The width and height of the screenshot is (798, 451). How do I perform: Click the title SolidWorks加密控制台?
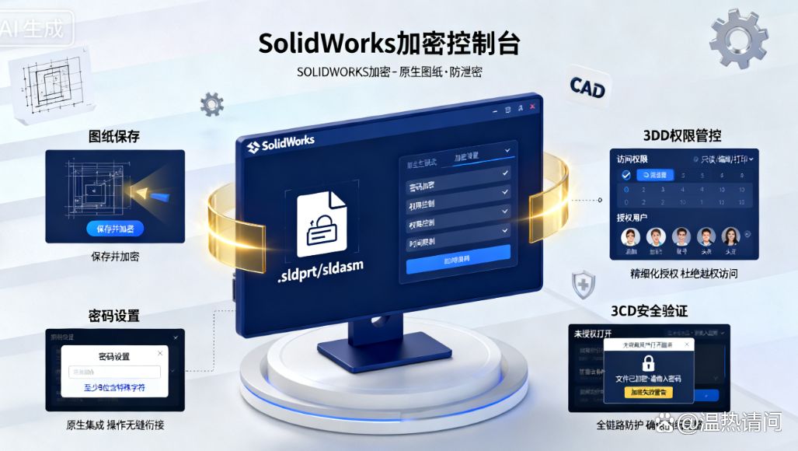(x=389, y=43)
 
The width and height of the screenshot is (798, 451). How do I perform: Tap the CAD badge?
(x=587, y=88)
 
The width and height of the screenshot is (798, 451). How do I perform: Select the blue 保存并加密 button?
(x=115, y=229)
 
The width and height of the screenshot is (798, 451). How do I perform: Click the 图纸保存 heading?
(x=114, y=137)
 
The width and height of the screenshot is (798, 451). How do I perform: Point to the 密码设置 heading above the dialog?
(x=113, y=316)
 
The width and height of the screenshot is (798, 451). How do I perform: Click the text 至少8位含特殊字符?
(x=114, y=387)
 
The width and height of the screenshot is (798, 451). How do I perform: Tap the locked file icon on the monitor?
(x=322, y=224)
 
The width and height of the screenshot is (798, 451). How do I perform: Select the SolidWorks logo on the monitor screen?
(x=281, y=145)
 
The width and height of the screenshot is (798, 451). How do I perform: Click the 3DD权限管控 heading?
(x=681, y=135)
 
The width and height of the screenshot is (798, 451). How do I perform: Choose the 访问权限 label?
(x=632, y=159)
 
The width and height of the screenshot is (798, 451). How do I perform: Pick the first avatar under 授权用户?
(x=630, y=236)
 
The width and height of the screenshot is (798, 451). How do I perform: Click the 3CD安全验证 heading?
(x=649, y=311)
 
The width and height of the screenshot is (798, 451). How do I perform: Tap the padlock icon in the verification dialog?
(x=648, y=362)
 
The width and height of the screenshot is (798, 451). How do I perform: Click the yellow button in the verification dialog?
(x=648, y=393)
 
